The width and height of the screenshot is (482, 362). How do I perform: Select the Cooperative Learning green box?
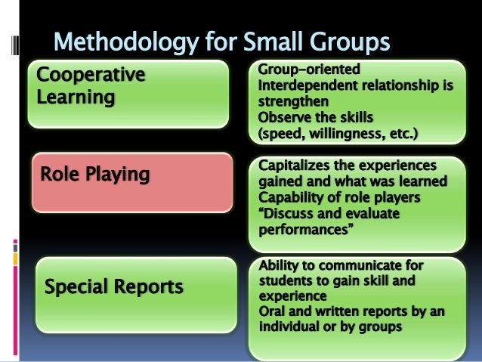click(x=128, y=94)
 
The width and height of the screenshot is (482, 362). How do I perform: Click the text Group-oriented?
click(x=309, y=70)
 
